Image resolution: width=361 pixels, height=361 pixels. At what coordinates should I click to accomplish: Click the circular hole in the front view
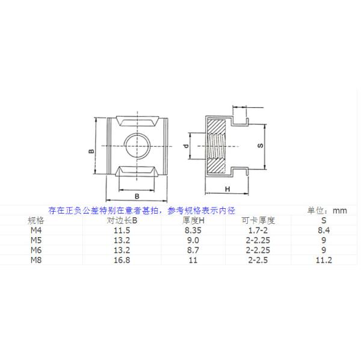coord(137,146)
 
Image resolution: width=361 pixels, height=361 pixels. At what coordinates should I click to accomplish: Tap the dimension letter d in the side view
coord(187,146)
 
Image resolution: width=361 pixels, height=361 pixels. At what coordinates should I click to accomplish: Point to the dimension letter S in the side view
coord(260,146)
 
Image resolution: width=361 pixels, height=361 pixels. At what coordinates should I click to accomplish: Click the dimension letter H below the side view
coord(227,189)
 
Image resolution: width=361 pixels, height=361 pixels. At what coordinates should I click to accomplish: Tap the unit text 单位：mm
coord(327,210)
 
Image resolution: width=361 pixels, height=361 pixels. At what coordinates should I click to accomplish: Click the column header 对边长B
coord(122,220)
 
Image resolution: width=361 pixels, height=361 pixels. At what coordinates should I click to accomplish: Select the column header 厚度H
coord(194,220)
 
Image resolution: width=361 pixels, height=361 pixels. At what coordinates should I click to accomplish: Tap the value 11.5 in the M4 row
coord(122,230)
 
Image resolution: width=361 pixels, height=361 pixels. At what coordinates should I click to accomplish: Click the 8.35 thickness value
coord(194,230)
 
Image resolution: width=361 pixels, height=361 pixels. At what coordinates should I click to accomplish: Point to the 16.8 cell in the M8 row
coord(122,259)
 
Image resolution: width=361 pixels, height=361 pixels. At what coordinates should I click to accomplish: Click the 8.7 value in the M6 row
coord(194,250)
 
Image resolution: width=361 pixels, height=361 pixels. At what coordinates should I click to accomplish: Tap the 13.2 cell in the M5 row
coord(122,239)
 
